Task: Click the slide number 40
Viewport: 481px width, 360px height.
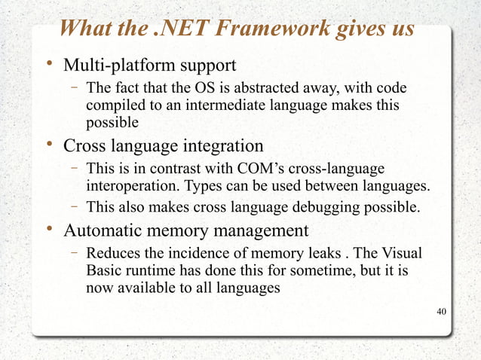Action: pos(442,312)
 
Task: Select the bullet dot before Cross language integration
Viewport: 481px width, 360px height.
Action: pos(47,143)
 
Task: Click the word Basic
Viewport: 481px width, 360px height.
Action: pos(103,269)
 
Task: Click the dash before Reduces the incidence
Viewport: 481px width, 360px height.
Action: pos(76,252)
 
